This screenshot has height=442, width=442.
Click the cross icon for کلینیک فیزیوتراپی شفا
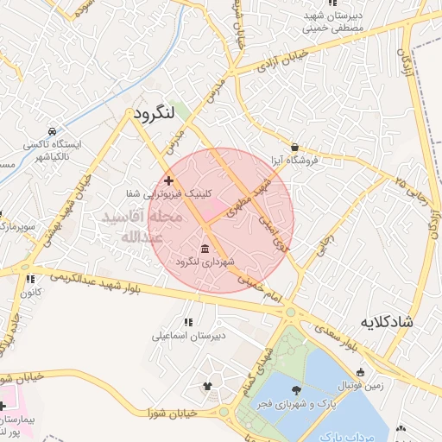click(168, 181)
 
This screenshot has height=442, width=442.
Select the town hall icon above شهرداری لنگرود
click(204, 249)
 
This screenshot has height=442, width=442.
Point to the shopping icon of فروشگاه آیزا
click(295, 147)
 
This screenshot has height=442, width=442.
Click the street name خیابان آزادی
click(275, 60)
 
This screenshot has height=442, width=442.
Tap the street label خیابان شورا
click(174, 414)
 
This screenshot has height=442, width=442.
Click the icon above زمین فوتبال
click(360, 372)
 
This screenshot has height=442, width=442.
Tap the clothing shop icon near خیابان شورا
click(206, 386)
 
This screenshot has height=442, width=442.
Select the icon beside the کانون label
click(30, 279)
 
